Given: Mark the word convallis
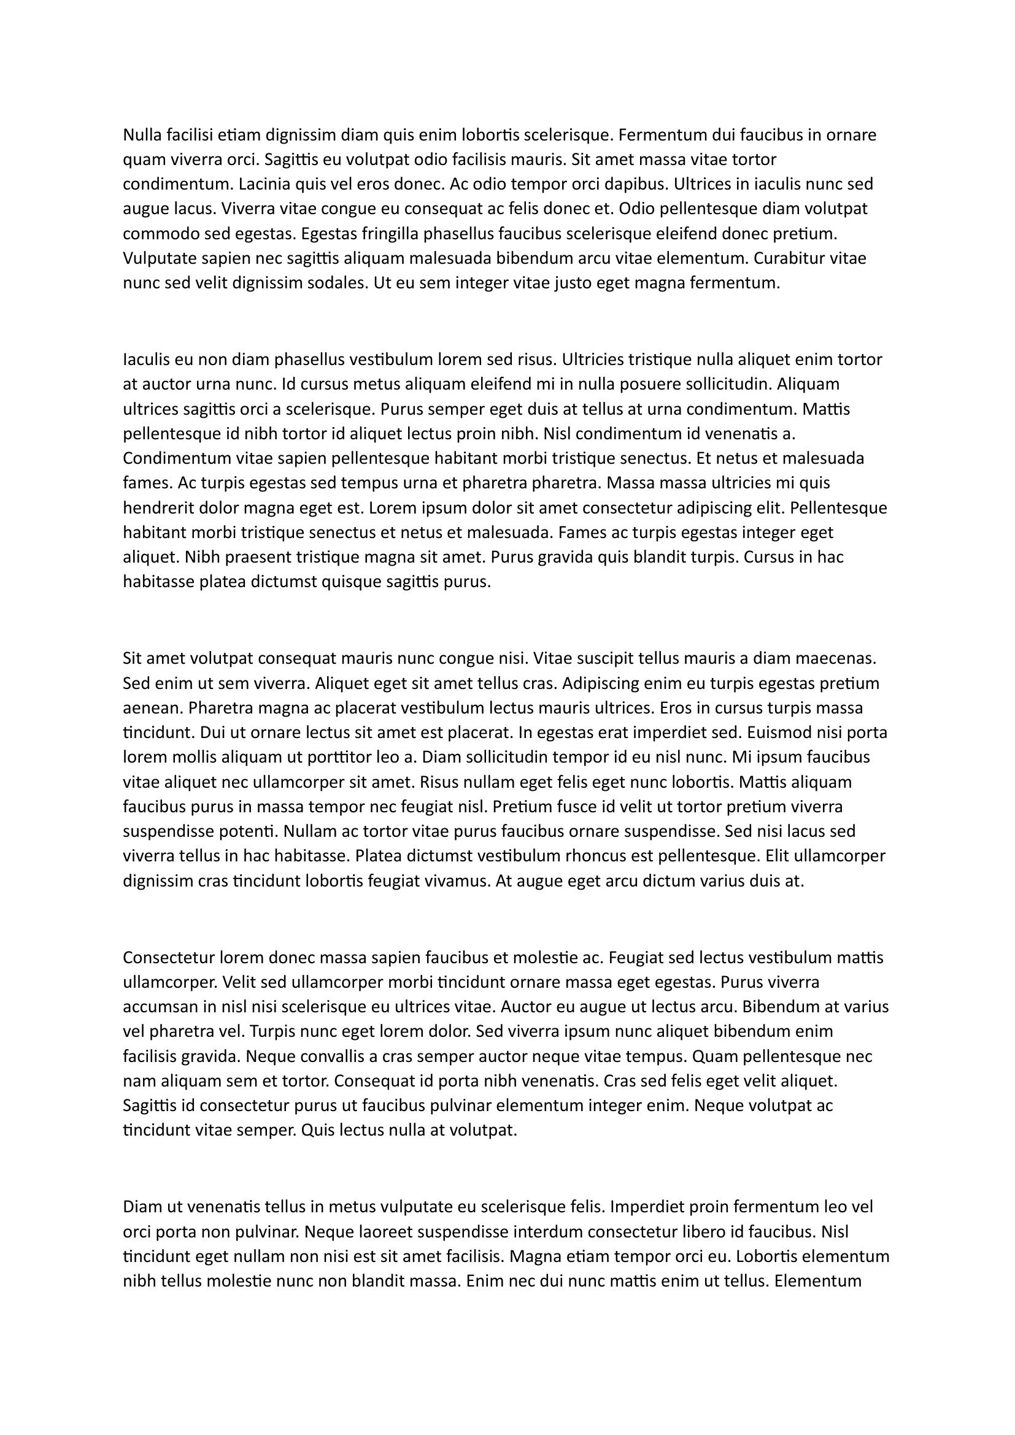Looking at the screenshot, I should click(333, 1056).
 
